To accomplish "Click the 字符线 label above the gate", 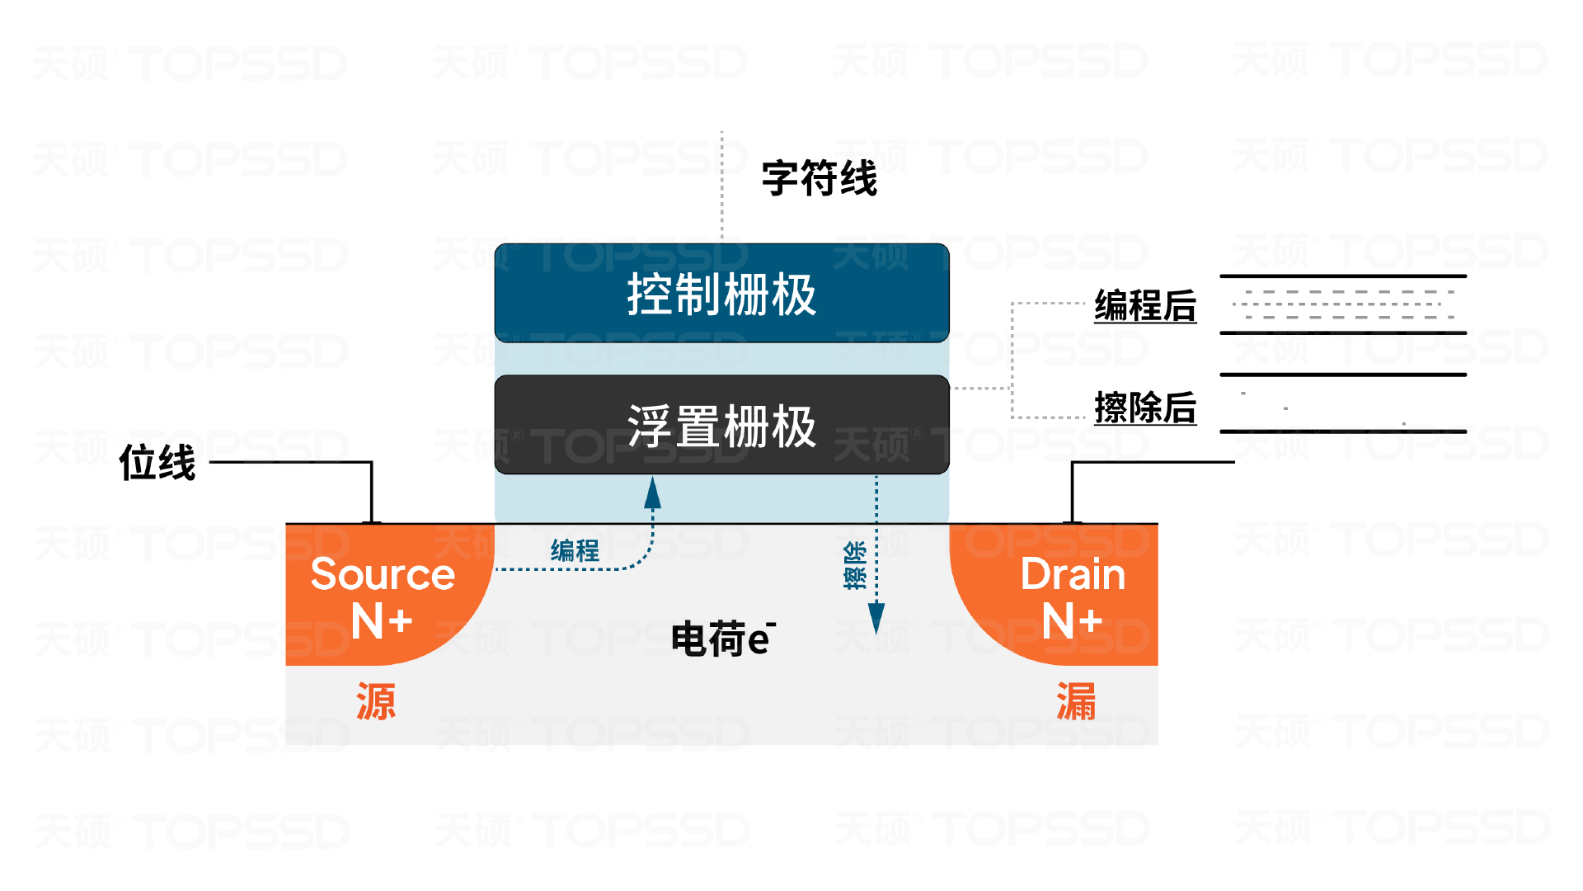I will point(819,179).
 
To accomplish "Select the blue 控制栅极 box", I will point(721,294).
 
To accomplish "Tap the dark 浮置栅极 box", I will point(721,426).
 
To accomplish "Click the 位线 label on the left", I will point(157,462).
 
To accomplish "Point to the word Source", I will point(383,574).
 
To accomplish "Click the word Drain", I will point(1073,574).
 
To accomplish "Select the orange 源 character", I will point(376,702).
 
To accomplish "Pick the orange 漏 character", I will point(1076,702).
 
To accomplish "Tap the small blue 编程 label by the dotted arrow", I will point(575,550).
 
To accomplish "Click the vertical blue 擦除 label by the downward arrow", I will point(855,565).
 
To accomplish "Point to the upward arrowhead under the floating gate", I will point(653,493).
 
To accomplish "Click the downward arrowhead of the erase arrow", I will point(876,617).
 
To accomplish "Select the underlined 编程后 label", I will point(1145,306).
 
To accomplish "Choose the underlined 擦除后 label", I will point(1145,408).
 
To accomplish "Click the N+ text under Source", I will point(382,621).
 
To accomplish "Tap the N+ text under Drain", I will point(1072,621).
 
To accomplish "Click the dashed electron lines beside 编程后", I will point(1344,304).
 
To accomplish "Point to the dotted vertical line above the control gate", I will point(722,186).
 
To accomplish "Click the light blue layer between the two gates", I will point(721,359).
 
